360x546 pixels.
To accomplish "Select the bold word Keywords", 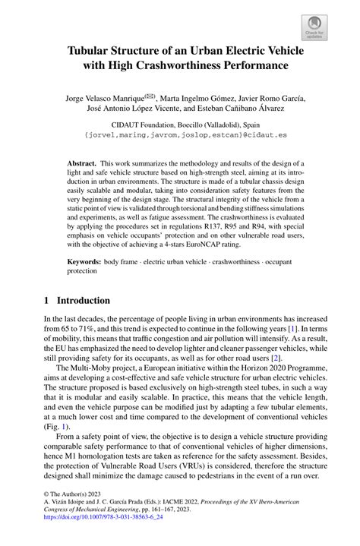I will click(x=84, y=260).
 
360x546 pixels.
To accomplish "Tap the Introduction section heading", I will click(x=84, y=301).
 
